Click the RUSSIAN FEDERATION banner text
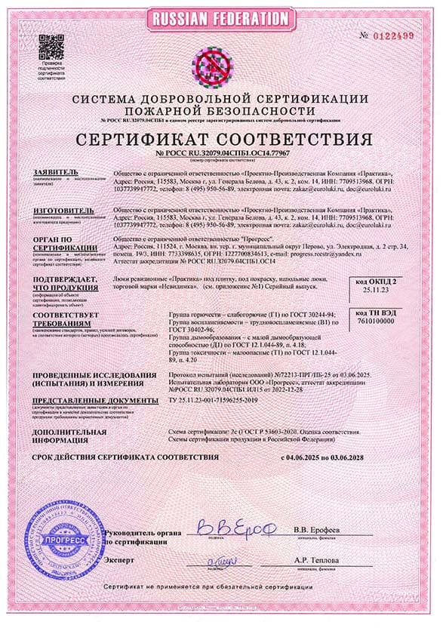click(222, 17)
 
